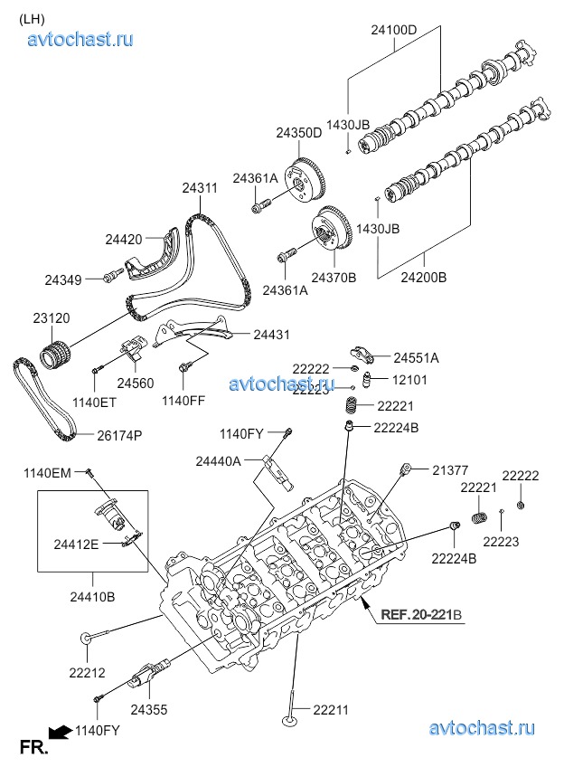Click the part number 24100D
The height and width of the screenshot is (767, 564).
pos(394,30)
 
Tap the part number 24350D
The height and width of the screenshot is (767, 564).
pos(299,132)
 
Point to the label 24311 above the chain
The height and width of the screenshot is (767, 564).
pos(199,188)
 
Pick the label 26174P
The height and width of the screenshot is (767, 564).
pos(120,435)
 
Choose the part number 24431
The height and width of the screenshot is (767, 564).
pos(272,335)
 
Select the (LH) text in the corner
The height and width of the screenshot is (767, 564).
pos(32,17)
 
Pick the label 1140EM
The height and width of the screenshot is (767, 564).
pos(47,473)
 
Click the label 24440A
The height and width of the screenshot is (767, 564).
pos(218,461)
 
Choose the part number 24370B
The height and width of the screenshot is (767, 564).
pos(334,277)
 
